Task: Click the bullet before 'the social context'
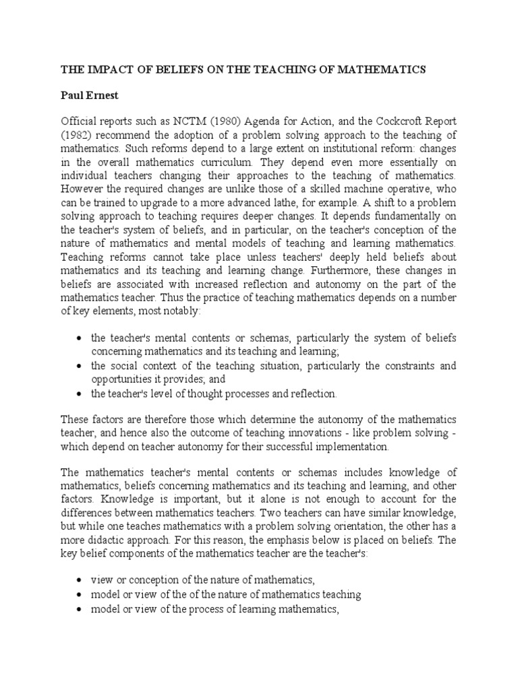click(x=80, y=366)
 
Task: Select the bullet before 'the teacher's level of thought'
click(x=80, y=394)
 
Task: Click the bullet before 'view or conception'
click(x=80, y=580)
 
